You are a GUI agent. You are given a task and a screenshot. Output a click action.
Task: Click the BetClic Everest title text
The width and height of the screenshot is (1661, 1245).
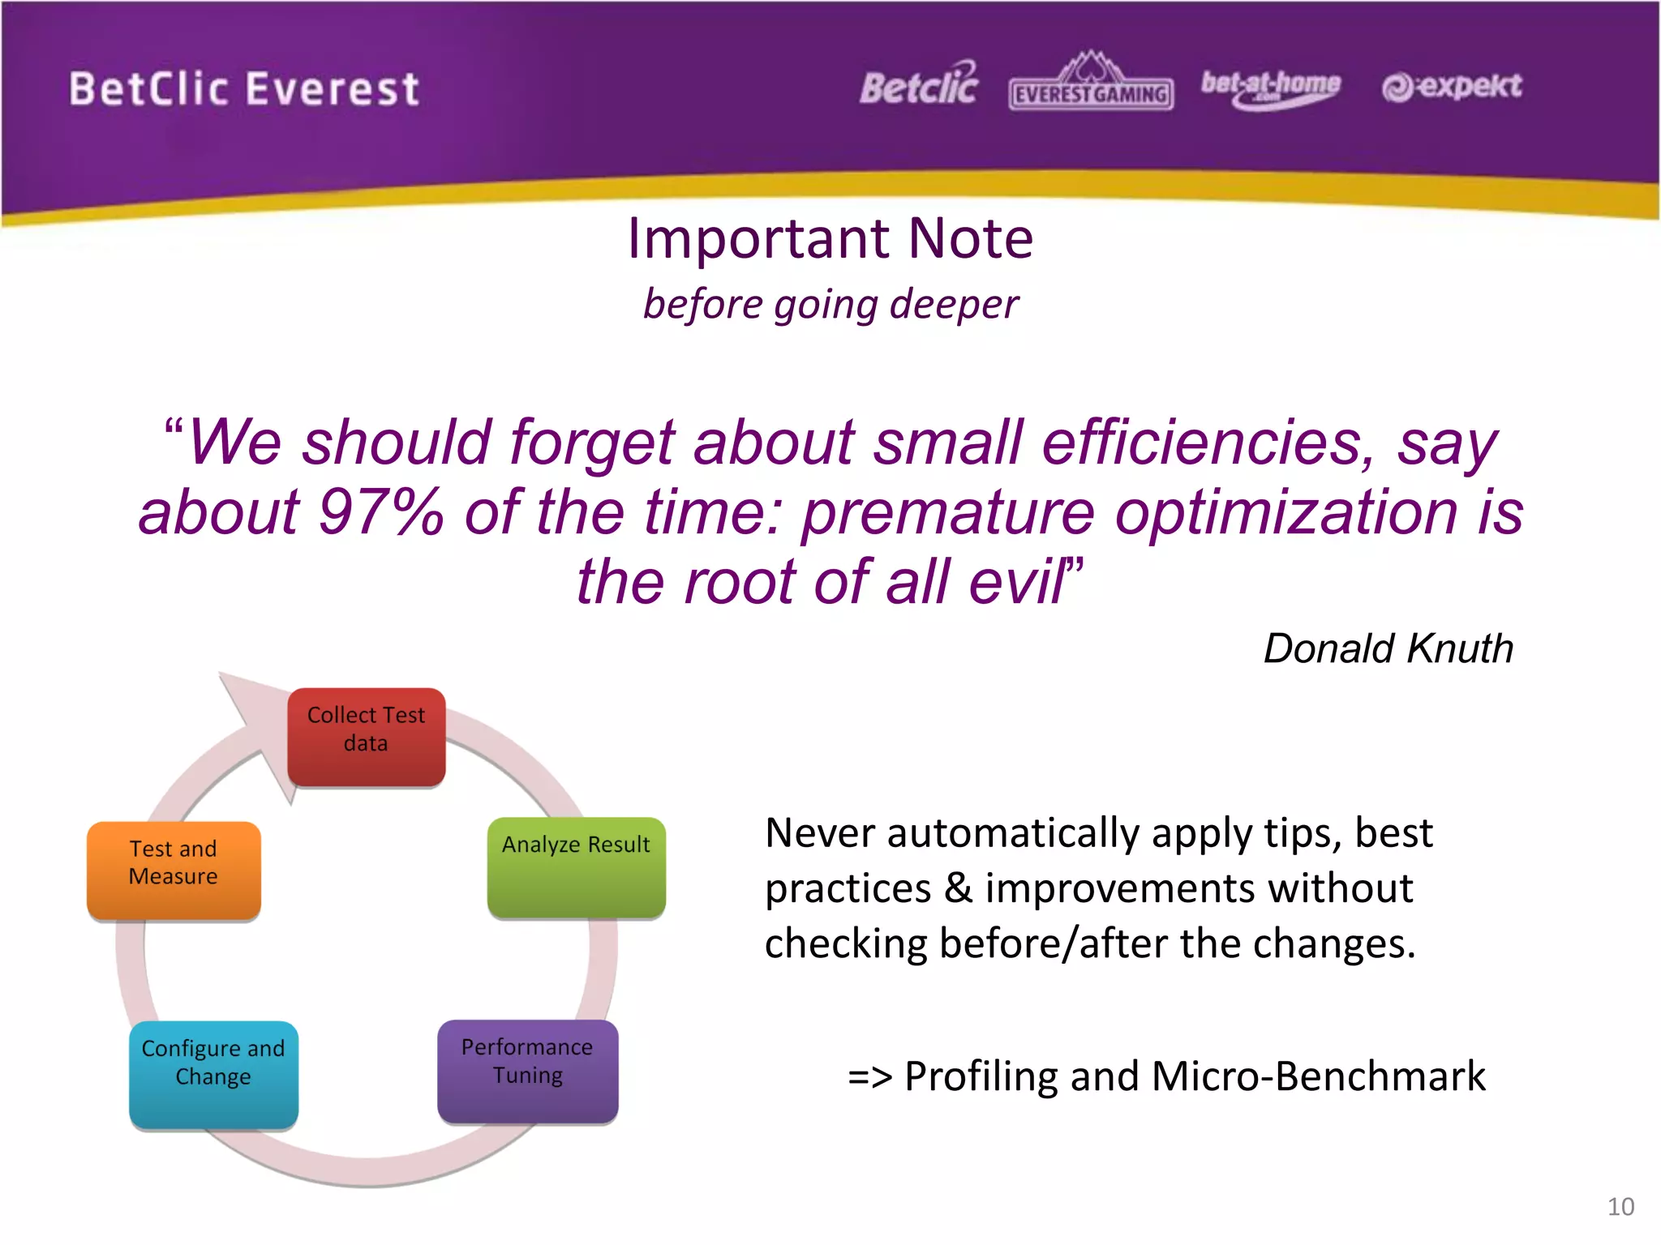pyautogui.click(x=243, y=88)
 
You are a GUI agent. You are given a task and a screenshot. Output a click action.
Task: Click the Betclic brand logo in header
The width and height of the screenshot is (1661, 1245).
pyautogui.click(x=918, y=85)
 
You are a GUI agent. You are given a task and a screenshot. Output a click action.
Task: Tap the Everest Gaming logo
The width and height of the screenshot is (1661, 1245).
pyautogui.click(x=1091, y=83)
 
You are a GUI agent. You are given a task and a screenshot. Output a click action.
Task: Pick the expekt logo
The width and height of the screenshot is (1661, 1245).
pyautogui.click(x=1452, y=87)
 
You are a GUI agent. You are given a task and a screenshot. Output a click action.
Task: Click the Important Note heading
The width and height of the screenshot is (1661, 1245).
pyautogui.click(x=830, y=238)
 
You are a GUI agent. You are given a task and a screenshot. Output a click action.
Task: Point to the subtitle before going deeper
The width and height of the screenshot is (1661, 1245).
pyautogui.click(x=830, y=306)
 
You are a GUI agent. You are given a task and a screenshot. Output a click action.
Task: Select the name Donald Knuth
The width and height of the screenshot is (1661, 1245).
pyautogui.click(x=1388, y=648)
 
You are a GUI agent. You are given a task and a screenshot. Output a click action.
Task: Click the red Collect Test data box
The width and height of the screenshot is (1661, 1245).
pyautogui.click(x=366, y=736)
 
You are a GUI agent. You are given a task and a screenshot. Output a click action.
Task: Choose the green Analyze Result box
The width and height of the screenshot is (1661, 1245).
pyautogui.click(x=576, y=867)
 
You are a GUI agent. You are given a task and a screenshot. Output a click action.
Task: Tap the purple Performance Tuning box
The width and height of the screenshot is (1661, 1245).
pyautogui.click(x=527, y=1070)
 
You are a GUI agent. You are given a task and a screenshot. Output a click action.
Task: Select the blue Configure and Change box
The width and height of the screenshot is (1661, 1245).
pyautogui.click(x=213, y=1073)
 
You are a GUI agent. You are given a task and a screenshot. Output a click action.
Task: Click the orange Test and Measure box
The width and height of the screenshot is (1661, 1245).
pyautogui.click(x=174, y=870)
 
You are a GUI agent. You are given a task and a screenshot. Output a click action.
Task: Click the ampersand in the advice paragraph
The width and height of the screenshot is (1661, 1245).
pyautogui.click(x=958, y=888)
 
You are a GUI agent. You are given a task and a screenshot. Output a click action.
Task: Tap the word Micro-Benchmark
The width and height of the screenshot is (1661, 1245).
pyautogui.click(x=1318, y=1076)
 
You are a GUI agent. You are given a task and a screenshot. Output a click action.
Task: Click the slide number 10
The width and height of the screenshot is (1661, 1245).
pyautogui.click(x=1620, y=1206)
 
